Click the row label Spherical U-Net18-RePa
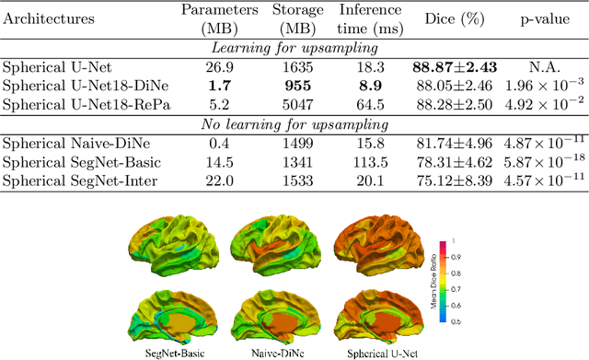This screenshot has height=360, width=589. click(x=80, y=102)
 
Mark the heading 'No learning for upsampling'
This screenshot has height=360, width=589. click(x=294, y=123)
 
